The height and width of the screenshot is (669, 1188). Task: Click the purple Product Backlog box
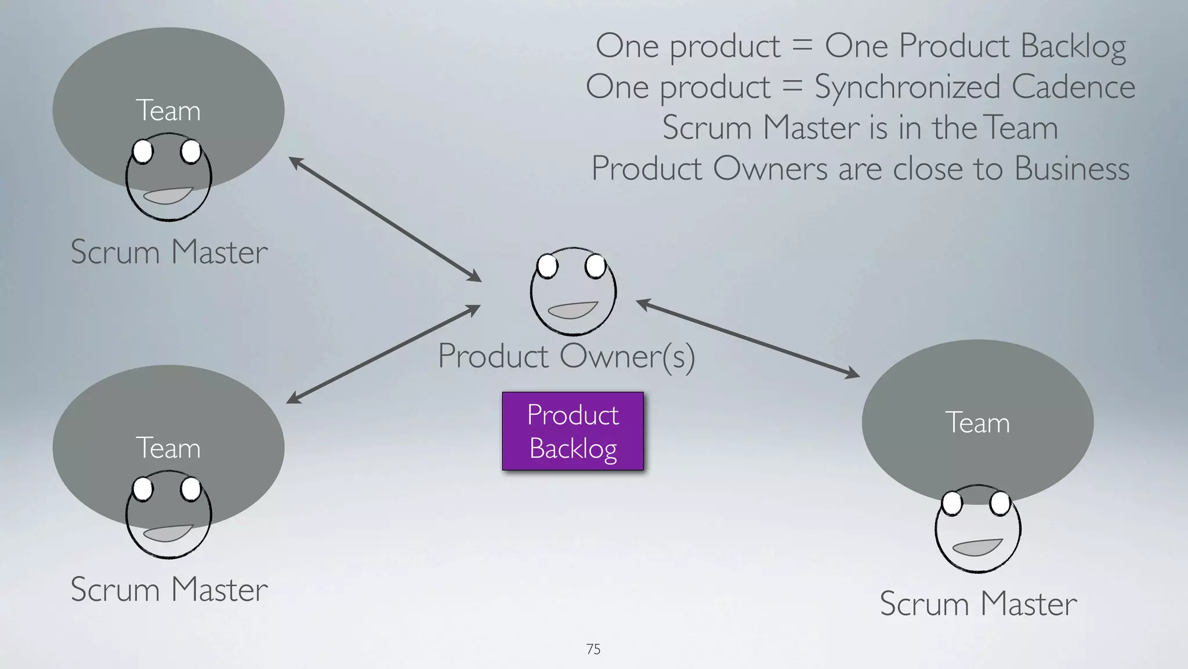[x=573, y=431]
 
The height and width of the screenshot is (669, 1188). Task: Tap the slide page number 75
[x=593, y=649]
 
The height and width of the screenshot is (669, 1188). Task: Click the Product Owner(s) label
[x=566, y=356]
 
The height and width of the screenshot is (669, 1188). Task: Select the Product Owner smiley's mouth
[x=573, y=310]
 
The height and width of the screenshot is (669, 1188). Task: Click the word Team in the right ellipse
[x=977, y=423]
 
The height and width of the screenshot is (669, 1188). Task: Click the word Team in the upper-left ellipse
[x=168, y=110]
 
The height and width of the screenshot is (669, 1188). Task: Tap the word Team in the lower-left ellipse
[x=168, y=448]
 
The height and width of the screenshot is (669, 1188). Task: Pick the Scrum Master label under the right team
[x=978, y=603]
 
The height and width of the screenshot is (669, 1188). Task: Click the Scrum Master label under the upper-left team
[x=169, y=251]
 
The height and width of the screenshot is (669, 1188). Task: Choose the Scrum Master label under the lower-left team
[x=169, y=589]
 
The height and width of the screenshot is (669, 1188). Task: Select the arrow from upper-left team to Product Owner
[x=385, y=219]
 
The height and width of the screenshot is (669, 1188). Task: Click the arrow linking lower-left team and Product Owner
[x=383, y=354]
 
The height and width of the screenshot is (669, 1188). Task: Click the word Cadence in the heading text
[x=1073, y=87]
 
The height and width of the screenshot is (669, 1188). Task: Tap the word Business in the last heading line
[x=1071, y=168]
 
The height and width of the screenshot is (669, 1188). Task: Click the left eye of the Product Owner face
[x=547, y=267]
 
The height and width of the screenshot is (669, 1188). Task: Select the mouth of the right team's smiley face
[x=977, y=547]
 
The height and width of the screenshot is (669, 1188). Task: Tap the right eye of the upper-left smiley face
[x=190, y=152]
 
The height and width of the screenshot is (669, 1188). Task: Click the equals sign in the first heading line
[x=802, y=45]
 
